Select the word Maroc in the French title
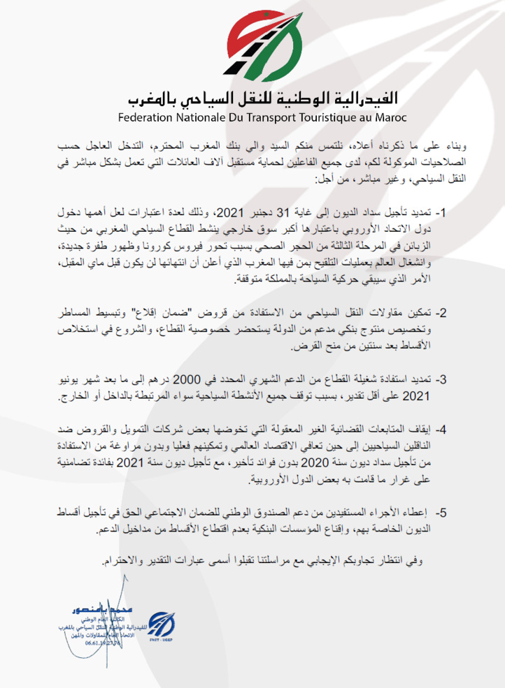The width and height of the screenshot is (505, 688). click(x=387, y=117)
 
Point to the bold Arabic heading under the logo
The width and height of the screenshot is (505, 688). click(x=262, y=98)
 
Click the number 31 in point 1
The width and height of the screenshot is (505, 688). click(x=283, y=212)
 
